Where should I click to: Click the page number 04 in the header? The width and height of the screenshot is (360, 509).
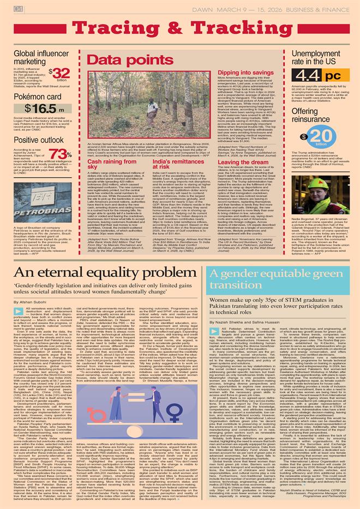(x=18, y=8)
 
